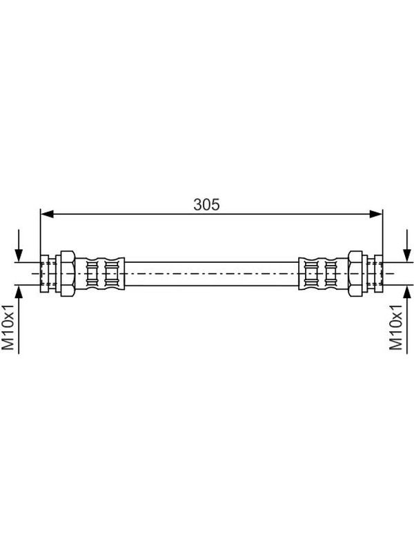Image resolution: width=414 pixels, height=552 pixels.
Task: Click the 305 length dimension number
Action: (206, 204)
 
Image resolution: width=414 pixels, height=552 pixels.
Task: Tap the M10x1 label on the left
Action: (8, 327)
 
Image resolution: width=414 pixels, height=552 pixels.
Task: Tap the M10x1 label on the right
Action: (395, 327)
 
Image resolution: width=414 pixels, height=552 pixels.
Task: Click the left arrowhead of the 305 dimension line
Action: (47, 214)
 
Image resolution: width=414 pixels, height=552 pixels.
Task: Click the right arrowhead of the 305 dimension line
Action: (375, 214)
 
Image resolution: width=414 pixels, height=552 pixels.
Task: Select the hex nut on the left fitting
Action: (67, 273)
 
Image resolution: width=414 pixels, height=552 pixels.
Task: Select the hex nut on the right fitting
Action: (355, 273)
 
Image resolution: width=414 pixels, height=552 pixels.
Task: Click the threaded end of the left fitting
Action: (48, 273)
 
